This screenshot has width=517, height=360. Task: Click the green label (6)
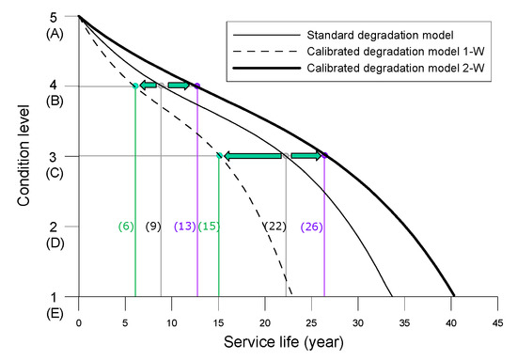[126, 227]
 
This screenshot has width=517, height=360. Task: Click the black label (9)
[153, 227]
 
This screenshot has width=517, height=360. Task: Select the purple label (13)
[184, 227]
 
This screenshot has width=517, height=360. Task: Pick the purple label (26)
[313, 227]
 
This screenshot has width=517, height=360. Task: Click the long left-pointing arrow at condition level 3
[252, 156]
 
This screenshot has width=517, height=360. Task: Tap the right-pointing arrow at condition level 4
[179, 86]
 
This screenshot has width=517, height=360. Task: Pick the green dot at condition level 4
[135, 86]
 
